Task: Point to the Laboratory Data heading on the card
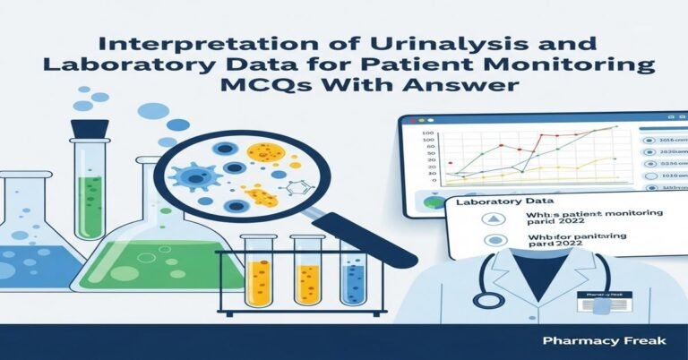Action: coord(494,205)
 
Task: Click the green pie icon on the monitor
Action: coord(435,202)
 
